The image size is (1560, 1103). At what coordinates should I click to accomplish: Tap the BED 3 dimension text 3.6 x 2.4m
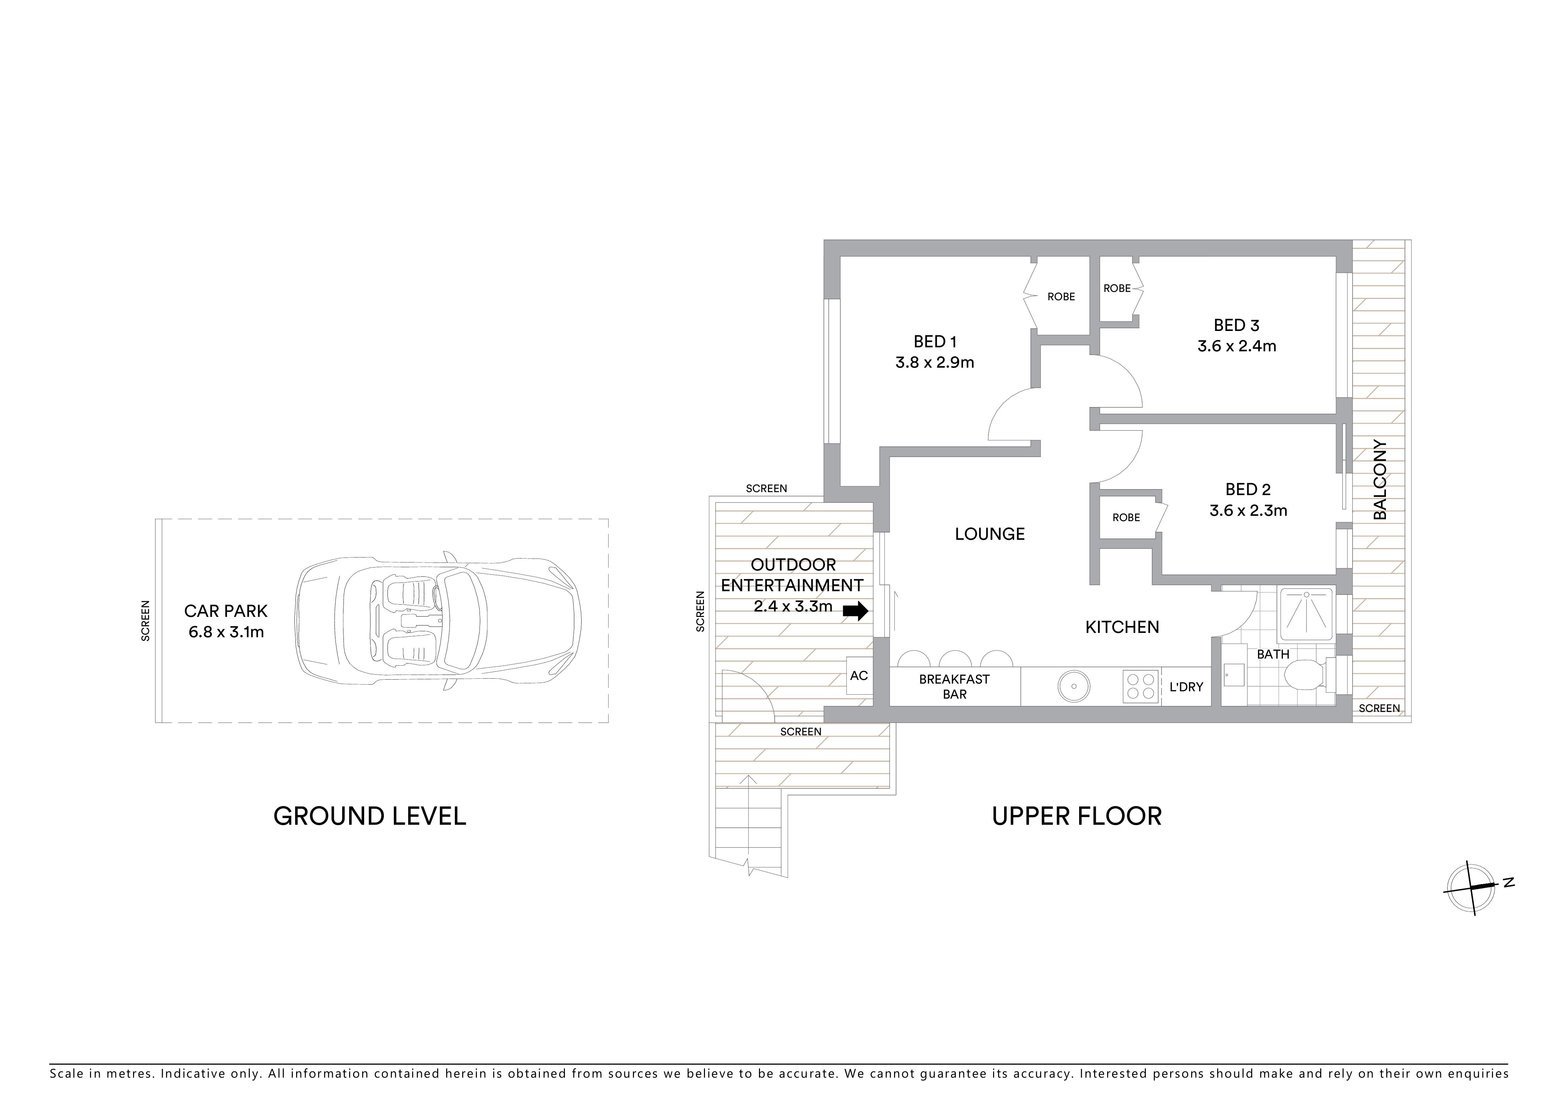1237,346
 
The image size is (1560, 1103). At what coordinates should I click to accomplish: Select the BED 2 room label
1248,489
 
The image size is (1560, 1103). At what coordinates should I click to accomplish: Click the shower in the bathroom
1306,615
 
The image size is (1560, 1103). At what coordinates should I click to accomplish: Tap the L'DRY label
1186,687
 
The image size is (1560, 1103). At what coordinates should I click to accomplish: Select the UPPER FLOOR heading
1077,816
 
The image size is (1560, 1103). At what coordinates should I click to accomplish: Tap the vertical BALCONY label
1380,480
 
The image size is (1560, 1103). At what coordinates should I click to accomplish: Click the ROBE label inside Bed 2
1126,518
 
